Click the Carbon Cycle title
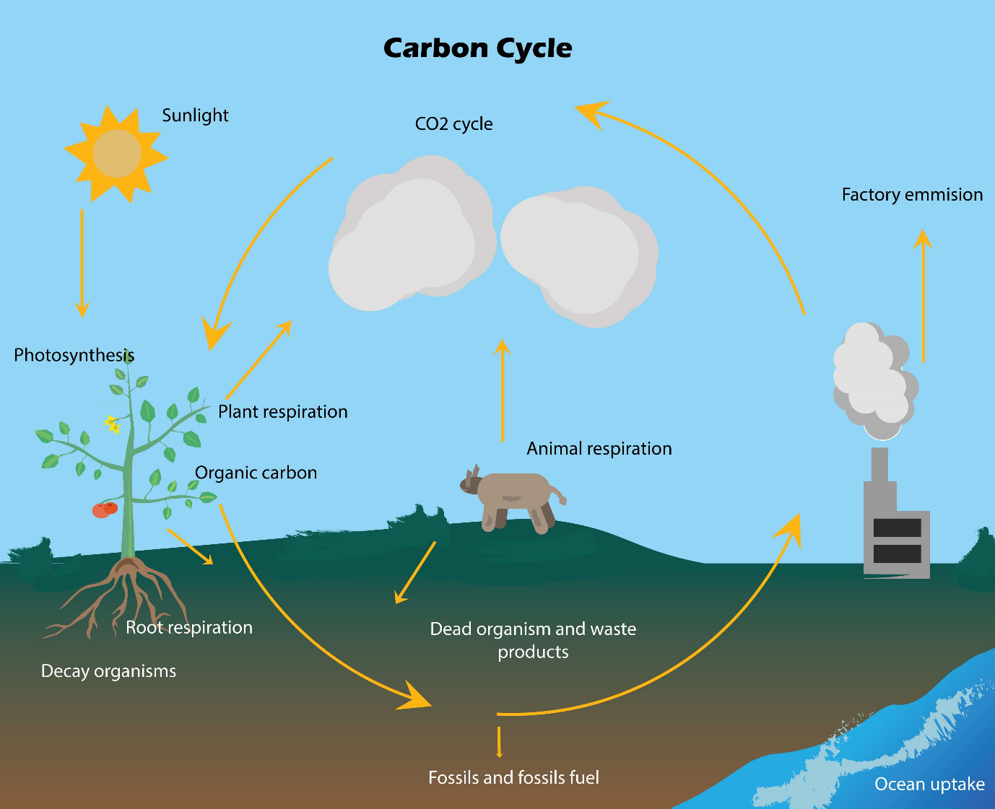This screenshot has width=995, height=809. click(477, 48)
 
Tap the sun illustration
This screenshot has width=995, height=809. click(116, 153)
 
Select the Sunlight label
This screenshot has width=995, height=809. click(195, 115)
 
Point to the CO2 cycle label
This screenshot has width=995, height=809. click(453, 124)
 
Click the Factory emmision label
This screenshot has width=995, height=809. click(912, 195)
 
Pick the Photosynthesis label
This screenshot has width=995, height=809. click(74, 355)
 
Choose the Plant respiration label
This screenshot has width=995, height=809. click(283, 412)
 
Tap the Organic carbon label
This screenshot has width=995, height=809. click(256, 473)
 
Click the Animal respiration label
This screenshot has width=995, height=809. click(599, 449)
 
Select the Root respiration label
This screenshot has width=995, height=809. click(189, 628)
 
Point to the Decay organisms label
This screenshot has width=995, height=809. click(108, 671)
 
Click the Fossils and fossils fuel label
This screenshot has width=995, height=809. click(513, 778)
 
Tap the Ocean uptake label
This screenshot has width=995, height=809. click(929, 784)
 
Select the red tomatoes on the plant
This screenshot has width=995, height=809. click(104, 510)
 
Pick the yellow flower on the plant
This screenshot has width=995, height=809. click(112, 424)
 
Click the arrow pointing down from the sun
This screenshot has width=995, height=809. click(82, 263)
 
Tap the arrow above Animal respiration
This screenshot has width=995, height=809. click(503, 390)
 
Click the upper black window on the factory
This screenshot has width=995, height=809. click(897, 528)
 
